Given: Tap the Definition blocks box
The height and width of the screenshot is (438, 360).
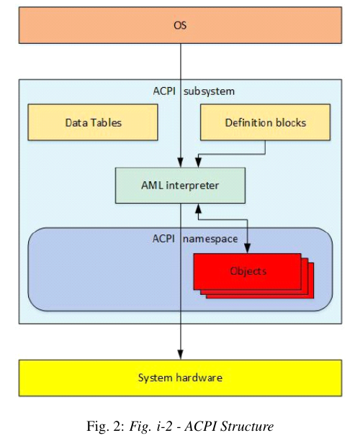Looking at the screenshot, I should click(265, 122).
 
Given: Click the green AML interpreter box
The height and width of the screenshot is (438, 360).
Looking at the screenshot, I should click(179, 186).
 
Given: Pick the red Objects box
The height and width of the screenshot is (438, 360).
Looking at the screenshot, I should click(248, 271).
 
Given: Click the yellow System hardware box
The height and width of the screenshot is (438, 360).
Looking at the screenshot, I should click(179, 378).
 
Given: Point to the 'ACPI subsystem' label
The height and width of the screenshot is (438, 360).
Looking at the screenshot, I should click(179, 92).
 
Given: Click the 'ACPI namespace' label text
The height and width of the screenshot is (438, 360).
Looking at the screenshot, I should click(179, 239).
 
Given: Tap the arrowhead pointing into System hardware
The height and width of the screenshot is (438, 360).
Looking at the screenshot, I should click(180, 355).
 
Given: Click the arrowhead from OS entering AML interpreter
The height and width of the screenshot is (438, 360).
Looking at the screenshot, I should click(180, 163).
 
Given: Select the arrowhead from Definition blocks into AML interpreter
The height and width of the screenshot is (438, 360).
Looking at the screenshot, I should click(198, 163).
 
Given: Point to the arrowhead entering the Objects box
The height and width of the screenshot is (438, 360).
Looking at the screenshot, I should click(248, 249).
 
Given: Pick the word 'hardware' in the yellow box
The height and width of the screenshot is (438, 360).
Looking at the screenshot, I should click(199, 378).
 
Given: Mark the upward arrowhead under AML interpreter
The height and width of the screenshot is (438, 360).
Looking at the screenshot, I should click(198, 208).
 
